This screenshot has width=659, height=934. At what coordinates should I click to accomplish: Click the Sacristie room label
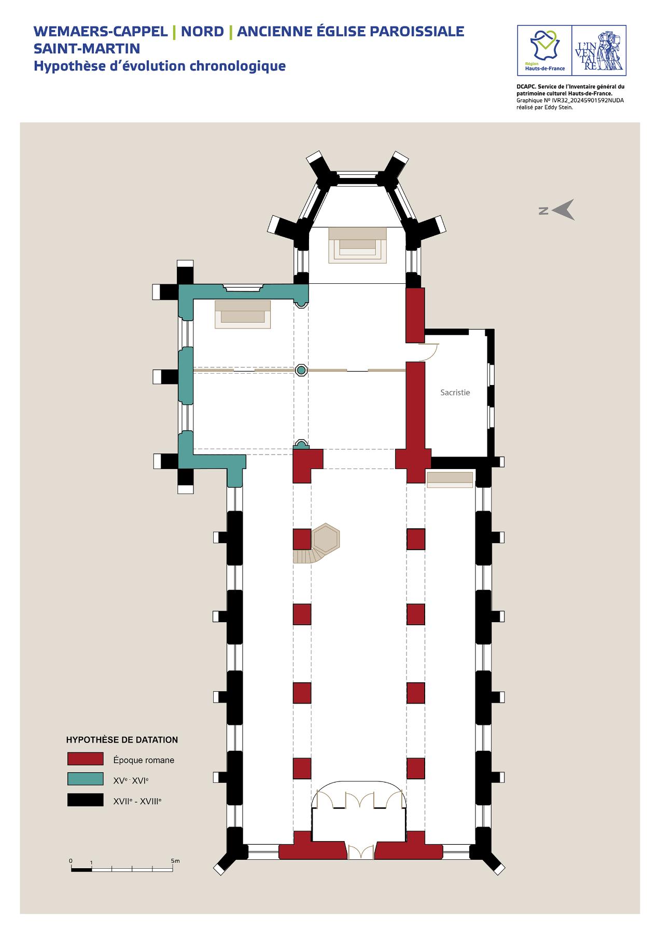click(455, 393)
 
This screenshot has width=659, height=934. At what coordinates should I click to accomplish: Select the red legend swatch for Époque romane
click(86, 759)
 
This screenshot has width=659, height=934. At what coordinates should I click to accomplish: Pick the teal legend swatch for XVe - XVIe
click(86, 779)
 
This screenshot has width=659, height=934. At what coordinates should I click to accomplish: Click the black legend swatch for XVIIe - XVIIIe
click(86, 800)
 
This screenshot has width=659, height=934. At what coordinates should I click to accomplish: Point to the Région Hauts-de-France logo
click(544, 50)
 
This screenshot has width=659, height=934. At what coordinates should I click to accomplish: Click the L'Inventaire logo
click(598, 50)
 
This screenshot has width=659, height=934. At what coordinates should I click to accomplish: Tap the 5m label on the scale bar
click(175, 861)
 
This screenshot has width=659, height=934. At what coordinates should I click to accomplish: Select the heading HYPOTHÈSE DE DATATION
click(122, 740)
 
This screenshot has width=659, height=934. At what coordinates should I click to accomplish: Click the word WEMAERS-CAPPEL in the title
click(101, 31)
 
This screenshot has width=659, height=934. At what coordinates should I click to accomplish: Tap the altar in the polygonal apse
click(358, 244)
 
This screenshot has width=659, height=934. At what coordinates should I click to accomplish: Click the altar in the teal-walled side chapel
click(243, 314)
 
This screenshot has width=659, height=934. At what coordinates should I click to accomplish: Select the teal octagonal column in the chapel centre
click(301, 370)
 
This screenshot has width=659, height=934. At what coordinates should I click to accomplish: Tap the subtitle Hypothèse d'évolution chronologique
click(160, 66)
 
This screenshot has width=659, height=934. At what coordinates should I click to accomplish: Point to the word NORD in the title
click(202, 31)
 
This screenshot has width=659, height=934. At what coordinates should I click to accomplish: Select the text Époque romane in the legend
click(144, 760)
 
